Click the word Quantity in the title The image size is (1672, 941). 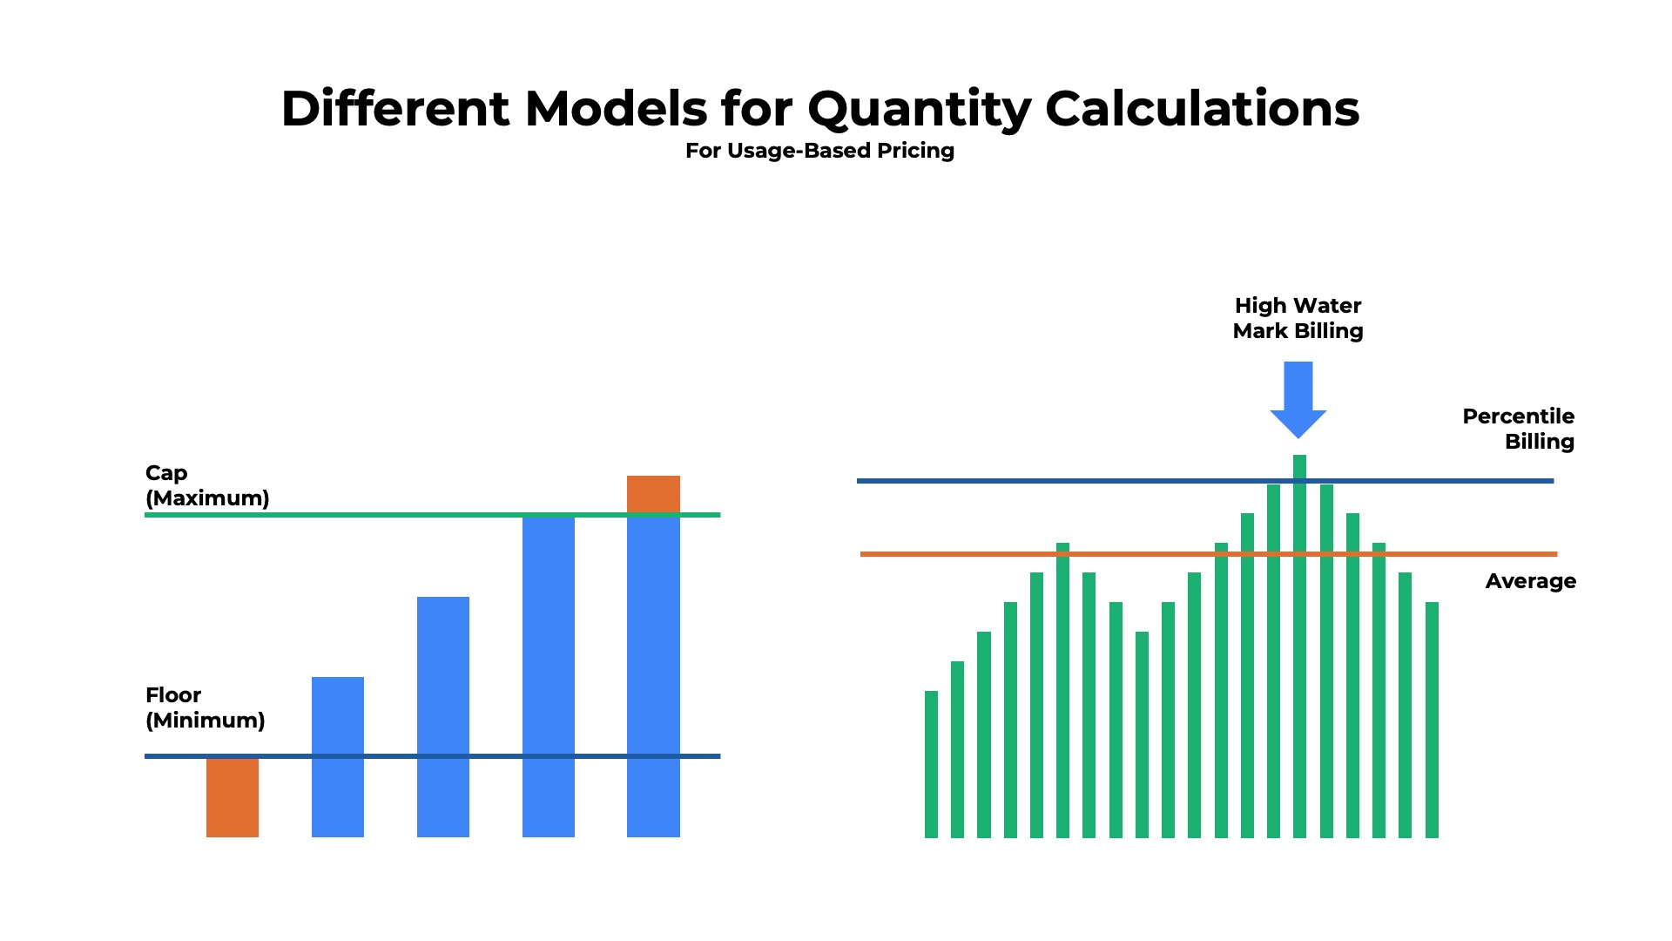coord(919,111)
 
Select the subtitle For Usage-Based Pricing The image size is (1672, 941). coord(819,151)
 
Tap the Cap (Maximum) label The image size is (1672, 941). coord(207,485)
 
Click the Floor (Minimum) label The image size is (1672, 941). coord(205,707)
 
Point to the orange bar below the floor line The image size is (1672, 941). coord(233,798)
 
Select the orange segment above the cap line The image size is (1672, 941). coord(653,493)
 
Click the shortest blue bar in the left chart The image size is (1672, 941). coord(338,758)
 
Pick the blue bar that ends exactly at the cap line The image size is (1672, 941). coord(549,680)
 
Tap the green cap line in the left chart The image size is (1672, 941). coord(392,515)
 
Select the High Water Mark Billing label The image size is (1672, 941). coord(1298,318)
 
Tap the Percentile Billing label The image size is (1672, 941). coord(1519,429)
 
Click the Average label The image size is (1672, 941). coord(1530,581)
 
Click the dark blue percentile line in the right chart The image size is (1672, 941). coord(1089,481)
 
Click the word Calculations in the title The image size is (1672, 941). coord(1202,111)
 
